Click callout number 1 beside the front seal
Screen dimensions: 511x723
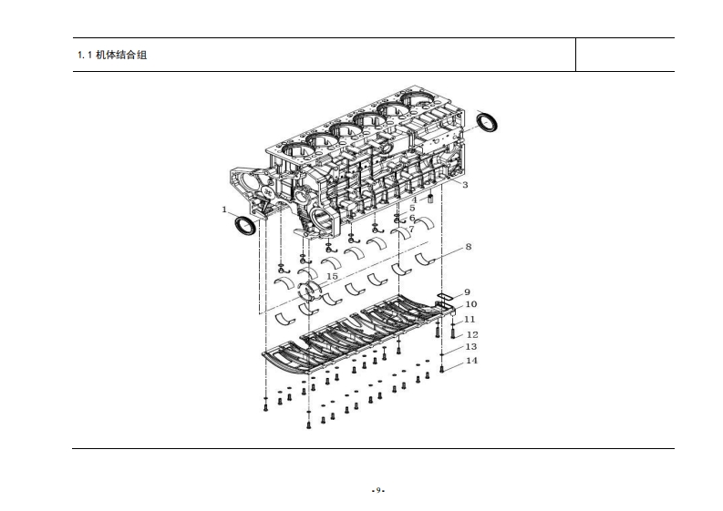224,210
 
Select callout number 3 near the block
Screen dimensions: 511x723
465,185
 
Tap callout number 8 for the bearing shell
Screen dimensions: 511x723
468,247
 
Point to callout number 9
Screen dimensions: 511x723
467,292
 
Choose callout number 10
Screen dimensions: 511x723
470,304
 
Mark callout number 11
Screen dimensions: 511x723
470,320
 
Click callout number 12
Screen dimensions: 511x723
472,334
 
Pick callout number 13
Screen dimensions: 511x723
470,347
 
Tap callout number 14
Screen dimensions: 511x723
470,361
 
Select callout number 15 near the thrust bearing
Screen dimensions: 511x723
332,276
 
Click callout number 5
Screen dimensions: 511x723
412,209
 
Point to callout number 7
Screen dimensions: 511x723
411,230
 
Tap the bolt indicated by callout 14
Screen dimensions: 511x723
442,369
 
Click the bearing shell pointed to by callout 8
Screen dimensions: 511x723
426,260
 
